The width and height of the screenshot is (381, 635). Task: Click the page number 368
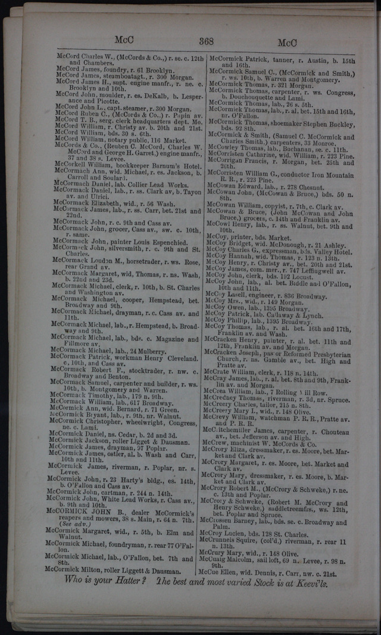pos(206,41)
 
